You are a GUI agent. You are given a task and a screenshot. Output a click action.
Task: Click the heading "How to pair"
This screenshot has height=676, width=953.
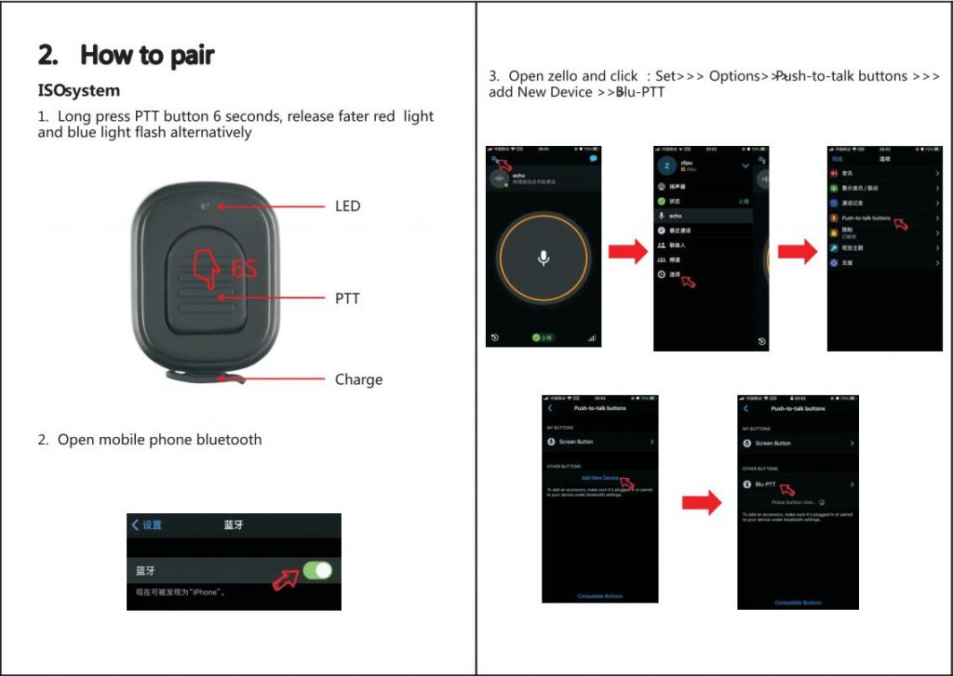tap(147, 56)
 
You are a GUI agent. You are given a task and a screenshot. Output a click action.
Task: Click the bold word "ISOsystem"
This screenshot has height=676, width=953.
tap(79, 91)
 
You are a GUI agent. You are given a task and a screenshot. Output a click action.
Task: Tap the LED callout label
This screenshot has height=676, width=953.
tap(347, 205)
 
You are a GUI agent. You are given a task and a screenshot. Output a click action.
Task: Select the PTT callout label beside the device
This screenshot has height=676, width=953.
tap(347, 298)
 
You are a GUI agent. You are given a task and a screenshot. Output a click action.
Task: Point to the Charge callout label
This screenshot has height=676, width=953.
tap(358, 379)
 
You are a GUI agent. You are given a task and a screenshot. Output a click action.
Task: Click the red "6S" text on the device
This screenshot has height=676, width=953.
tap(244, 269)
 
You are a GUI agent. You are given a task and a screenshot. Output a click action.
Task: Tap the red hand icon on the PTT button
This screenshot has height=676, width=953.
tap(207, 268)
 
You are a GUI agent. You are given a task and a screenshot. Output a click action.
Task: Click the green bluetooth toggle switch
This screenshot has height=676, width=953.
tap(317, 570)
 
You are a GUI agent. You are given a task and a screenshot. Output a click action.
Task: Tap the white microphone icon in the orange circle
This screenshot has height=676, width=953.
tap(544, 258)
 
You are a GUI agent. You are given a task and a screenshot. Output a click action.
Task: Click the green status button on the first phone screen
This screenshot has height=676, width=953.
tap(543, 338)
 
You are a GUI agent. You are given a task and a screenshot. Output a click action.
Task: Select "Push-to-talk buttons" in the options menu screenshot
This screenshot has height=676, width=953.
tap(866, 218)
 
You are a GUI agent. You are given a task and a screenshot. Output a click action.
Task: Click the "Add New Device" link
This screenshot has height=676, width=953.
tap(599, 477)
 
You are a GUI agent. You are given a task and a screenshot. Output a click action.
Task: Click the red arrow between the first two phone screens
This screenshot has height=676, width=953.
tap(627, 251)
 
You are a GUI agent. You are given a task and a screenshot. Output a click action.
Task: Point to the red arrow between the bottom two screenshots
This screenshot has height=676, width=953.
tap(702, 503)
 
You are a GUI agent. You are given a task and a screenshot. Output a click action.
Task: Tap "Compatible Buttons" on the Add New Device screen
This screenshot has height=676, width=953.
tap(600, 596)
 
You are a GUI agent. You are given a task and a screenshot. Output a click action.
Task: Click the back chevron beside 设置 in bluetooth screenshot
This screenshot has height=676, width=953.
tap(136, 524)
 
